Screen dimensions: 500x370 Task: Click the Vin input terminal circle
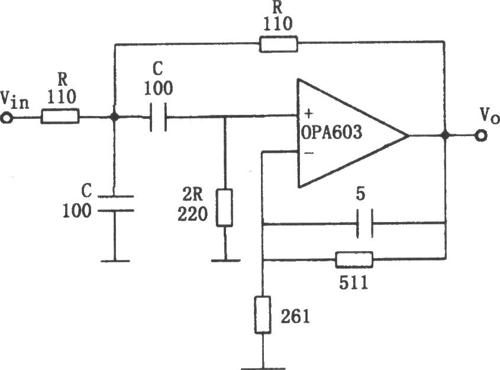pos(7,118)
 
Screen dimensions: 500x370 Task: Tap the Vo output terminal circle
pos(480,136)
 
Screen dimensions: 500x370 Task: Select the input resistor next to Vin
pos(60,116)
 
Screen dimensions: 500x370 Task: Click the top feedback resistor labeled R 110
pos(279,44)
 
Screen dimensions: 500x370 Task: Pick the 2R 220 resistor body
pos(224,208)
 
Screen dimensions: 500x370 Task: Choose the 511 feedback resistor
pos(354,259)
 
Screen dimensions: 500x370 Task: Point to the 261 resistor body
pos(263,315)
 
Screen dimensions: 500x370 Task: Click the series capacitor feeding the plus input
pos(158,117)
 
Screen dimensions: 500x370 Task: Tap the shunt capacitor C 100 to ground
pos(115,204)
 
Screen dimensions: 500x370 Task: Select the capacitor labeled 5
pos(364,223)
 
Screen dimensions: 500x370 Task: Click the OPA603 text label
pos(331,132)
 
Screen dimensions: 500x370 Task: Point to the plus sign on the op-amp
pos(309,114)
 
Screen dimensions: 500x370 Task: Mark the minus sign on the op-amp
pos(309,153)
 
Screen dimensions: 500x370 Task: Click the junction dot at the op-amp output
pos(445,136)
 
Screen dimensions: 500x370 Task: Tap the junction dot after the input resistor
pos(114,117)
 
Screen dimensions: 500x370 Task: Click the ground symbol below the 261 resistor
pos(263,368)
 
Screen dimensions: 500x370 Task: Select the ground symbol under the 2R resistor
pos(225,261)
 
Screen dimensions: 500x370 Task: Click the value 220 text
pos(192,214)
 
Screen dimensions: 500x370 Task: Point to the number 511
pos(353,282)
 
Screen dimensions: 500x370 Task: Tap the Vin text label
pos(15,99)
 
